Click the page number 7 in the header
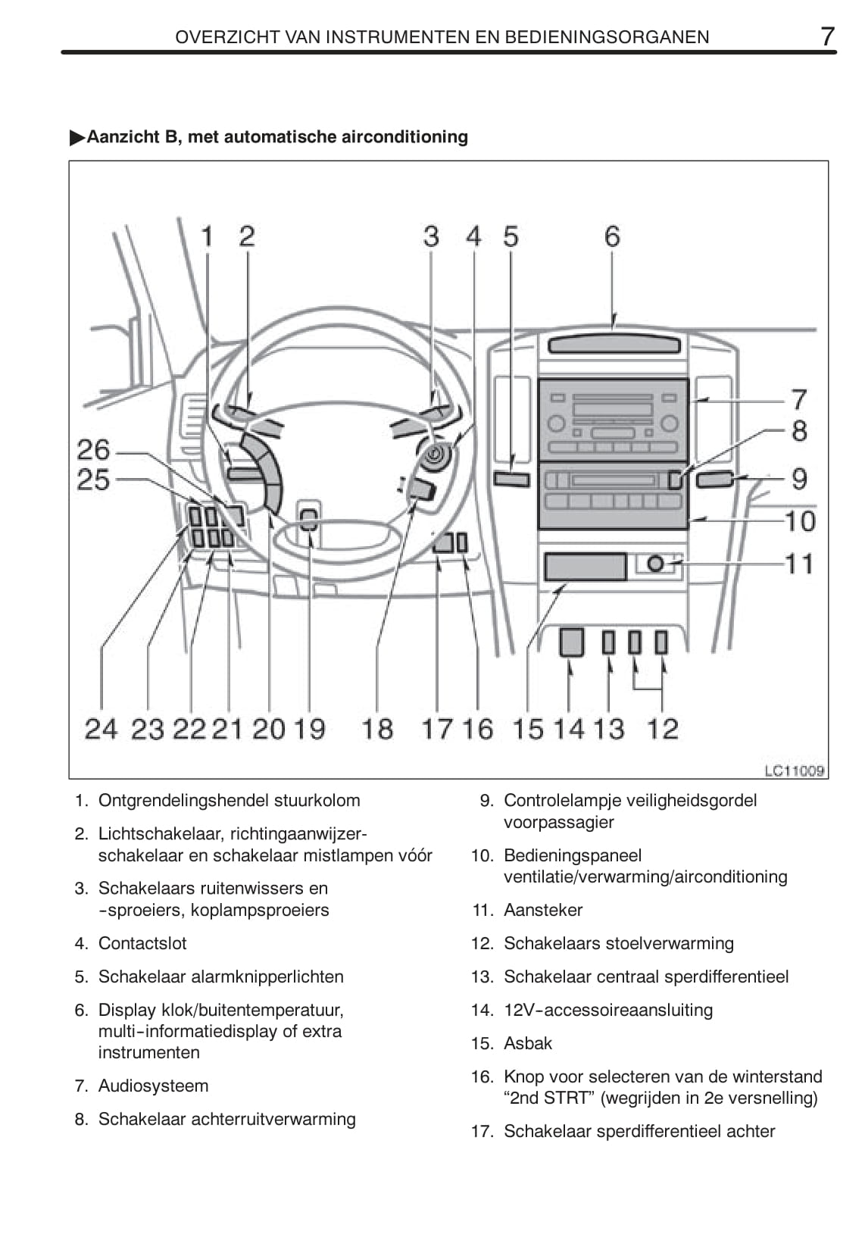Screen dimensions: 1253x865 827,36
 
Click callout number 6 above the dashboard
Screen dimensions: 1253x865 612,236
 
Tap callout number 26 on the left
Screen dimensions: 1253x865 94,450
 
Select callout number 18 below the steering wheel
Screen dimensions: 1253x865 377,729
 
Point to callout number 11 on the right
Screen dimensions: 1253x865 799,564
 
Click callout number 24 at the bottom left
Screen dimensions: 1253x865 101,729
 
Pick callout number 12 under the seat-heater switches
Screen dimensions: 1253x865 662,729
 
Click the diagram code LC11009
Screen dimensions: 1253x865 794,771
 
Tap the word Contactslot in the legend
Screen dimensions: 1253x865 142,943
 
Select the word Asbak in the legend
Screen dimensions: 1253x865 528,1043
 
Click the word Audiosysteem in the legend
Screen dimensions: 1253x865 153,1086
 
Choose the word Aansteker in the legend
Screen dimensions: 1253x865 543,910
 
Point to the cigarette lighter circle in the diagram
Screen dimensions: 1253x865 656,564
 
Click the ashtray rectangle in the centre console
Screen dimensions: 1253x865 585,567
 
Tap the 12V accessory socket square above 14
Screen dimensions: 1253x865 572,642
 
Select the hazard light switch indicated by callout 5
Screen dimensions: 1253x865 511,479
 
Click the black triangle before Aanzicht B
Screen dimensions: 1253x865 77,137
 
